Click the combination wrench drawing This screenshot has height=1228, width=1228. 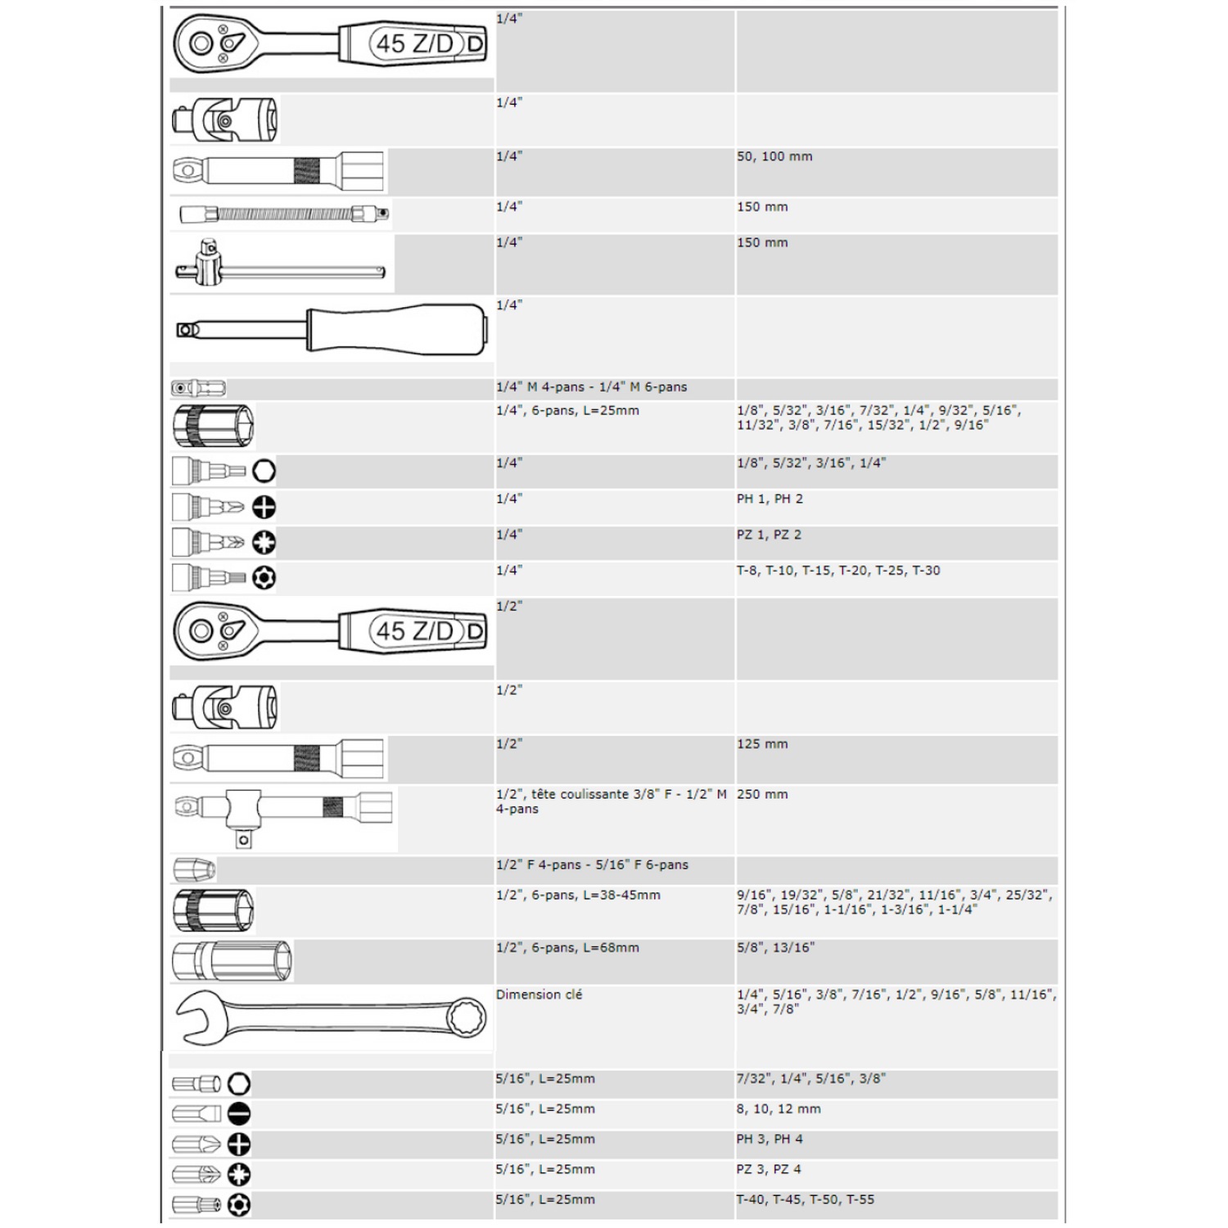pos(331,1018)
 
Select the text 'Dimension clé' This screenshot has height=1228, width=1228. pos(539,995)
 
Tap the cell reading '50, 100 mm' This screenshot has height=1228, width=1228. pos(774,156)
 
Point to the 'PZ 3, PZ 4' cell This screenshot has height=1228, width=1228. pos(769,1169)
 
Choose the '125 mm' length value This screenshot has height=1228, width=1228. pos(762,744)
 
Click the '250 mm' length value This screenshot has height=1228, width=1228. pos(762,794)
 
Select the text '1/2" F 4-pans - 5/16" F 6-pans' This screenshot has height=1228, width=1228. pos(592,865)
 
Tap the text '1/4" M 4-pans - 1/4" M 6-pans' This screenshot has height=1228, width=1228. pos(591,387)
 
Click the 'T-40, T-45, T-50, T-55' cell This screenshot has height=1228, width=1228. pos(805,1199)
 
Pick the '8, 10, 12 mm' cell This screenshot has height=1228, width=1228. pos(778,1108)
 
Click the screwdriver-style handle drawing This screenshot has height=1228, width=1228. pos(331,330)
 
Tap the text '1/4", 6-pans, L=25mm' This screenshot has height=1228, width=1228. pos(567,410)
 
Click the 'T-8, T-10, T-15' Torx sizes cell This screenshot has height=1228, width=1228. pos(838,571)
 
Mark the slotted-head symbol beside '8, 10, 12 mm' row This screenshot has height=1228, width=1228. pos(238,1113)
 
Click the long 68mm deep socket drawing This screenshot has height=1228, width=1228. pos(233,961)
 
